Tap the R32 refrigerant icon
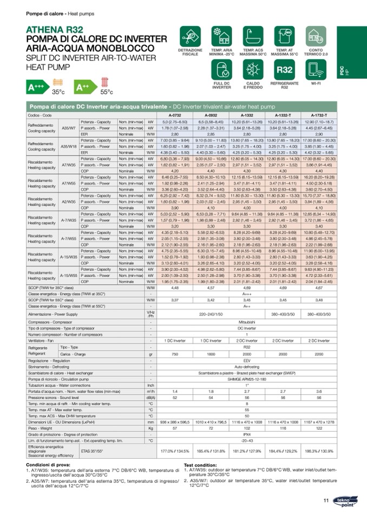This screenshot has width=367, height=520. [x=284, y=70]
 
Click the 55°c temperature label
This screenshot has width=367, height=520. [x=107, y=92]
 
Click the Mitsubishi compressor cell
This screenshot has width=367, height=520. [x=247, y=322]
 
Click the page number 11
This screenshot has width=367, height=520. [x=326, y=500]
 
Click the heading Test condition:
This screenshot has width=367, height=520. [x=200, y=465]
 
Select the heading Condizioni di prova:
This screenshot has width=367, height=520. [x=51, y=465]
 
